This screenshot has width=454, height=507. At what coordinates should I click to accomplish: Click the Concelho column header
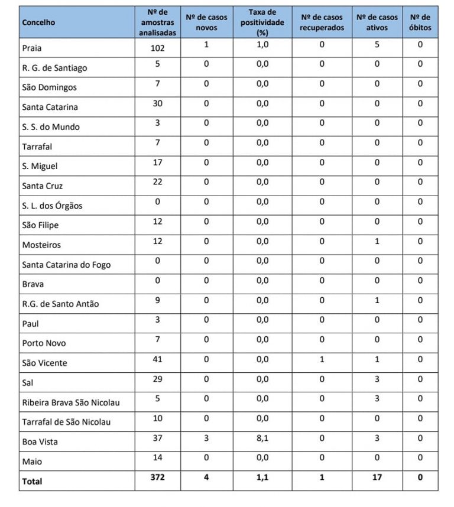point(38,22)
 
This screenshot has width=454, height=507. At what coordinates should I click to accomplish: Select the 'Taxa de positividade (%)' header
point(262,22)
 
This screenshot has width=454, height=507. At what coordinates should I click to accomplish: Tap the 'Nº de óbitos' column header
point(420,22)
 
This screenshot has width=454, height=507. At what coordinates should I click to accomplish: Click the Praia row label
point(32,48)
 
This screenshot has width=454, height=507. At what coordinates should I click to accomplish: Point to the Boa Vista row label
point(40,441)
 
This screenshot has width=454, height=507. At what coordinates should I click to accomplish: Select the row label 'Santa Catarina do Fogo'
point(66,264)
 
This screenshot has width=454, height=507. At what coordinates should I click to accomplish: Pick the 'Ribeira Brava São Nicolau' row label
point(71,402)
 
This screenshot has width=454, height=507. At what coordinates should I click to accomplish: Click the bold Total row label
point(32,482)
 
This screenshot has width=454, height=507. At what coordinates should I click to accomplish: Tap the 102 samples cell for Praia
point(157,48)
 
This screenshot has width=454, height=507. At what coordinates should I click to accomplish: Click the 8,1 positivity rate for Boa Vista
point(262,438)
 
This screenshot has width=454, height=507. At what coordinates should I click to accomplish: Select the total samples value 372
point(157,477)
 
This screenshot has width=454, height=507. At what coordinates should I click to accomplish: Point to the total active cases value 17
point(377,477)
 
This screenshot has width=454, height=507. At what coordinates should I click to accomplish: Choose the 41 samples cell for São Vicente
point(157,359)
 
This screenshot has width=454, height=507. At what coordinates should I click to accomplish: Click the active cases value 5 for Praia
point(377,44)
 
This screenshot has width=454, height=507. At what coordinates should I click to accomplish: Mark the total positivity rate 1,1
point(262,477)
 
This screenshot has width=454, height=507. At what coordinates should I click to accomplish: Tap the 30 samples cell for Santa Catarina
point(157,103)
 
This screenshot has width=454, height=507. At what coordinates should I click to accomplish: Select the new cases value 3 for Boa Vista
point(206,438)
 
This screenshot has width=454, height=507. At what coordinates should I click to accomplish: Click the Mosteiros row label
point(41,245)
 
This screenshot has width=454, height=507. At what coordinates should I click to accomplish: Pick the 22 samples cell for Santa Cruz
point(157,182)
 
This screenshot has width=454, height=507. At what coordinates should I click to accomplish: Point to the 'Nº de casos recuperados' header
point(322,22)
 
